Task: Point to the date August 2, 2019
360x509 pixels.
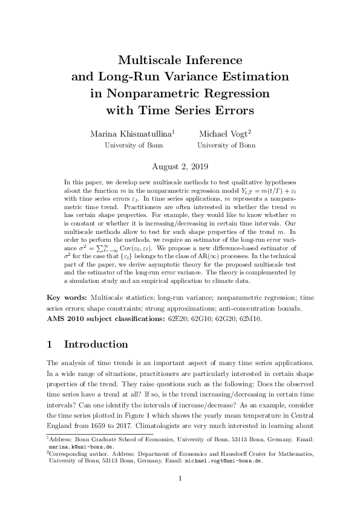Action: [180, 164]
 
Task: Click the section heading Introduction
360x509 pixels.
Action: [96, 345]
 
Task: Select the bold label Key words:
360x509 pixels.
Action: [67, 298]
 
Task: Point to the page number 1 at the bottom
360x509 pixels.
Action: [180, 479]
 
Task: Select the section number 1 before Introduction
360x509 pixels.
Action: [50, 345]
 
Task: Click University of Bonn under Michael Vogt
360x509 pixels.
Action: [226, 146]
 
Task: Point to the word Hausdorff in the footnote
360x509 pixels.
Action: [244, 453]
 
